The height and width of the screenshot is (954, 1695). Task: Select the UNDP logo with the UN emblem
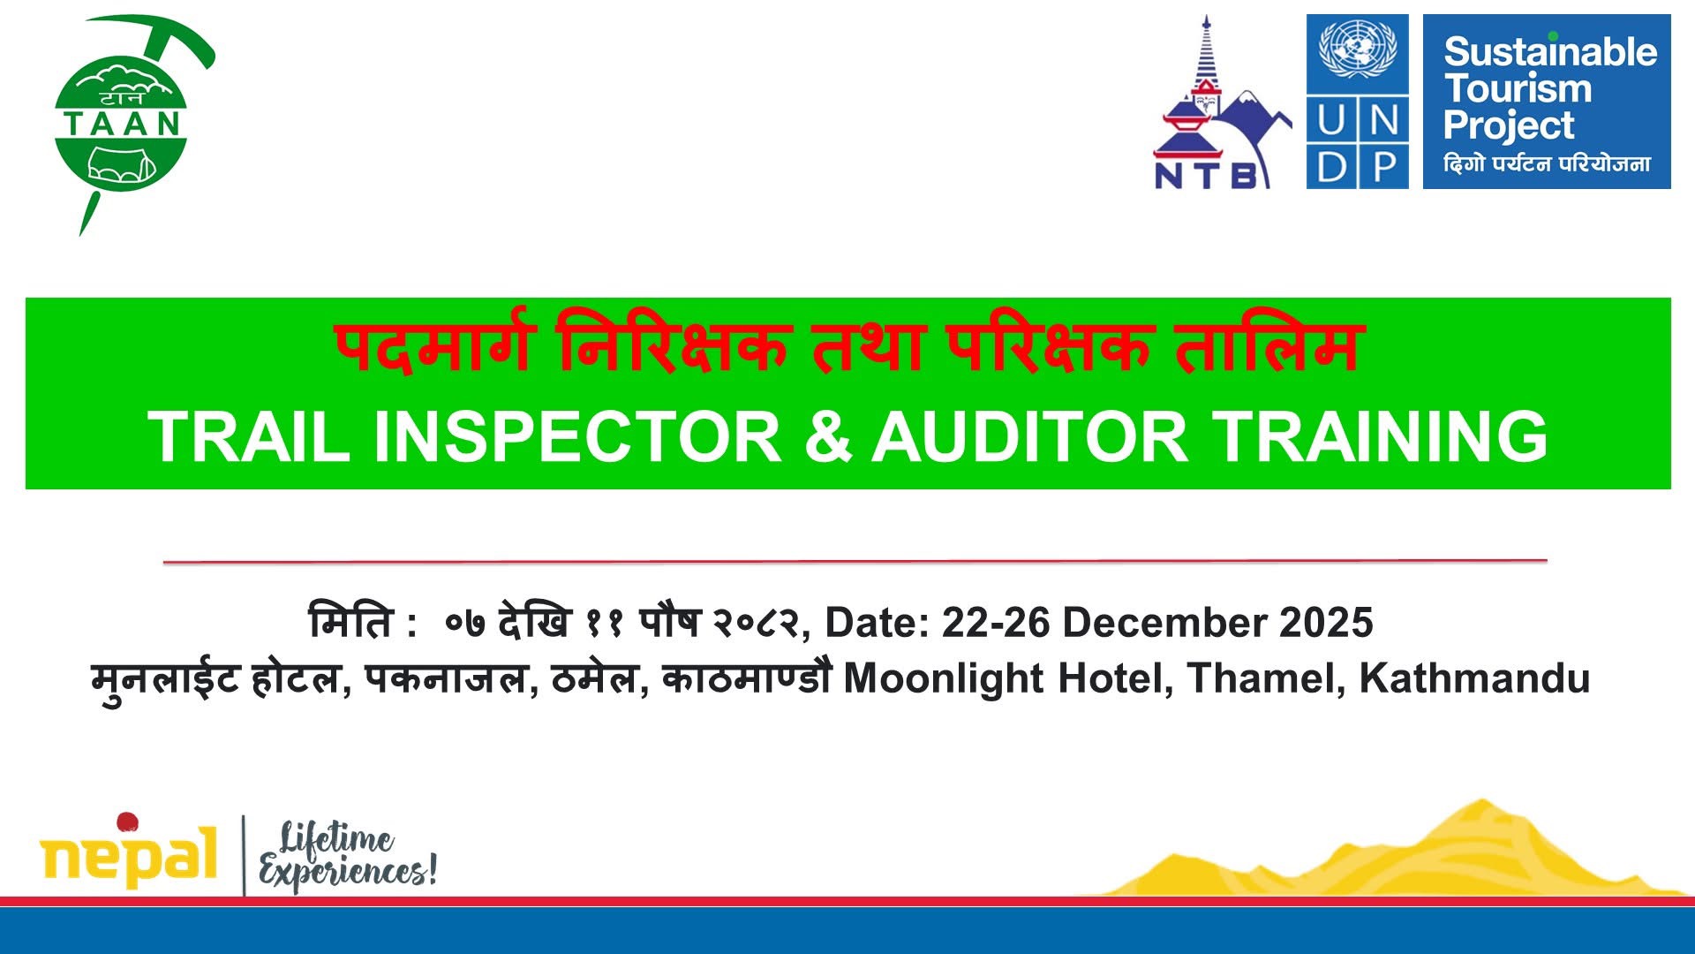coord(1357,102)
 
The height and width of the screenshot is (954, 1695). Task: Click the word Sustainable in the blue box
coord(1550,51)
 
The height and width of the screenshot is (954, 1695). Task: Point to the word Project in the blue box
coord(1509,125)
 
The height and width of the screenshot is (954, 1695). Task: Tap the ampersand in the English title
coord(828,435)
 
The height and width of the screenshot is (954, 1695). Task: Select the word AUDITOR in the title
coord(1029,435)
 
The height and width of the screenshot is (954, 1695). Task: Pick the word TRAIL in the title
coord(251,435)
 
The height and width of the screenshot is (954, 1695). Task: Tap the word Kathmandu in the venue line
coord(1474,678)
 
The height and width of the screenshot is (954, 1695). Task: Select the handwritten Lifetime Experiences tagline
coord(347,855)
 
